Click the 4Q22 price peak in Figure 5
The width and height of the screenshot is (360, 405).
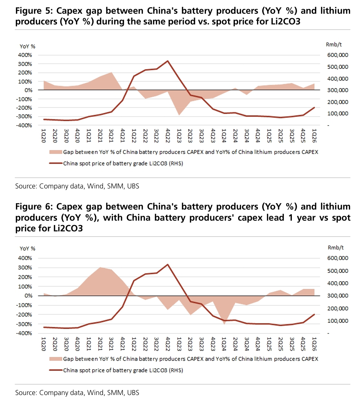point(167,61)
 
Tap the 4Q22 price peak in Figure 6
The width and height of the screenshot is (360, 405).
point(167,264)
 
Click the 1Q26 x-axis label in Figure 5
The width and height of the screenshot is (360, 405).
point(314,135)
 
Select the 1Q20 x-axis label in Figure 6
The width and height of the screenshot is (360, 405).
point(43,344)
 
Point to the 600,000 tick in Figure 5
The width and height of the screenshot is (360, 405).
point(337,55)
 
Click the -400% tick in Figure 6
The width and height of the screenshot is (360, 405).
point(24,333)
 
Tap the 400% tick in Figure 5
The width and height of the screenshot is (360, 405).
point(25,55)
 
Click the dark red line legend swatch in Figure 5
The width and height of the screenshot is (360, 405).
point(56,163)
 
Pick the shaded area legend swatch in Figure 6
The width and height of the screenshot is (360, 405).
point(56,359)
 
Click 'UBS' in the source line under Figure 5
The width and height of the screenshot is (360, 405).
point(133,186)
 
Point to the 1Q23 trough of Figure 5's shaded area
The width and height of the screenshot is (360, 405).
point(179,115)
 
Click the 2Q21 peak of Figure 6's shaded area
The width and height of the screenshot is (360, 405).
point(100,267)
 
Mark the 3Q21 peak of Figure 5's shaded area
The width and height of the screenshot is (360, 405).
point(111,72)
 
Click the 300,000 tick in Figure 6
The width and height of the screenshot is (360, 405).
point(337,296)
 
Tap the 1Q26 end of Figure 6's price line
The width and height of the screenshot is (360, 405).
point(314,314)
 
